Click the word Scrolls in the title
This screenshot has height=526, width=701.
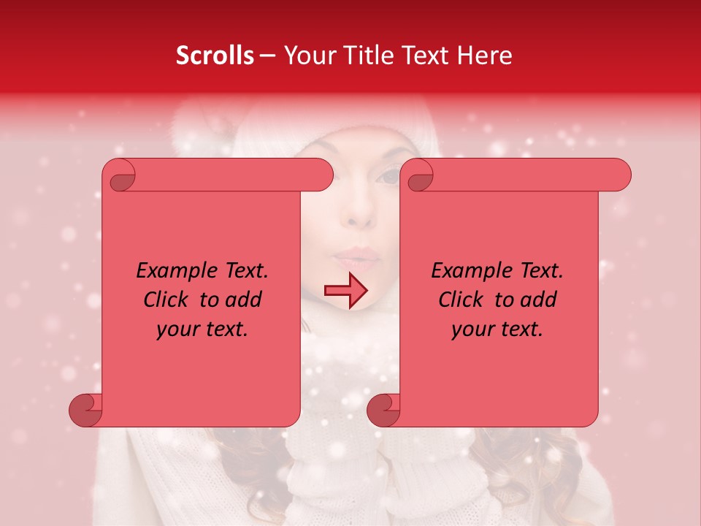pyautogui.click(x=215, y=56)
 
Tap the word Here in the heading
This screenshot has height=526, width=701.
pyautogui.click(x=484, y=56)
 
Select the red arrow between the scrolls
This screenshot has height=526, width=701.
pyautogui.click(x=346, y=291)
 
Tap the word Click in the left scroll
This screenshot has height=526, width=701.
pyautogui.click(x=167, y=300)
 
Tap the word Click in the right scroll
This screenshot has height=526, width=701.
pyautogui.click(x=462, y=300)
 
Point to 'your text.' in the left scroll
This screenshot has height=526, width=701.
pyautogui.click(x=202, y=329)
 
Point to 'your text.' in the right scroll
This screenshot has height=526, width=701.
pyautogui.click(x=497, y=329)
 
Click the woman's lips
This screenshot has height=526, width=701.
pyautogui.click(x=357, y=257)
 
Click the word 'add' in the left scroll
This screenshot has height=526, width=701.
pyautogui.click(x=244, y=300)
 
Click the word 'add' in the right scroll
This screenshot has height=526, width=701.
pyautogui.click(x=539, y=300)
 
